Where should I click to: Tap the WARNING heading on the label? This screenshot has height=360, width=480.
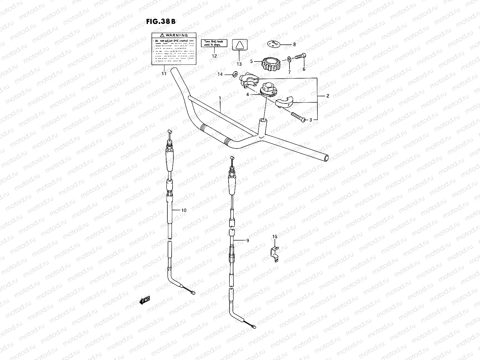pyautogui.click(x=174, y=35)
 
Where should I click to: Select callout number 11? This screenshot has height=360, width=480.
pyautogui.click(x=163, y=74)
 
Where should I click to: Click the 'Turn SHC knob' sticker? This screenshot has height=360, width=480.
pyautogui.click(x=214, y=43)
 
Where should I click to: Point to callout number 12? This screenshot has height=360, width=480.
pyautogui.click(x=214, y=56)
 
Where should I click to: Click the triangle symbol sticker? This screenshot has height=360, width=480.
pyautogui.click(x=239, y=46)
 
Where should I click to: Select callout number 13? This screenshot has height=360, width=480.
pyautogui.click(x=239, y=64)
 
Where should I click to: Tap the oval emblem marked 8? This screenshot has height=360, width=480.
pyautogui.click(x=274, y=44)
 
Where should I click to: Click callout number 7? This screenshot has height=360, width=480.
pyautogui.click(x=289, y=72)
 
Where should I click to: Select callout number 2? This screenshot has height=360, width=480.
pyautogui.click(x=328, y=96)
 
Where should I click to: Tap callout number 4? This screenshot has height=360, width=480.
pyautogui.click(x=248, y=94)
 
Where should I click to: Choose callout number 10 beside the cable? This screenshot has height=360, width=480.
pyautogui.click(x=184, y=210)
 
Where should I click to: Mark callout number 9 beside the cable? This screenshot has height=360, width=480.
pyautogui.click(x=247, y=240)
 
